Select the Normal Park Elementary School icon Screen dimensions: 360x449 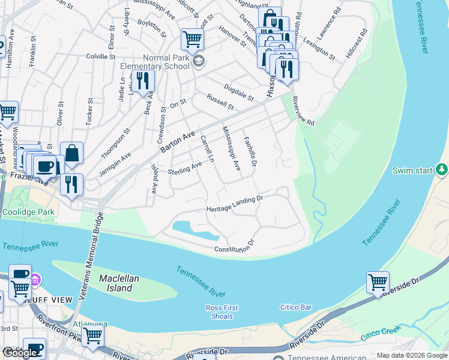[199, 61]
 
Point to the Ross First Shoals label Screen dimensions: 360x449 [222, 312]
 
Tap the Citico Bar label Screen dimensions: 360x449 [296, 307]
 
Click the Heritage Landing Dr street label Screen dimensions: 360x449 [235, 203]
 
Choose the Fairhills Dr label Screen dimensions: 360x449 [250, 151]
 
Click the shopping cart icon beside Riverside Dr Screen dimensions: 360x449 [378, 282]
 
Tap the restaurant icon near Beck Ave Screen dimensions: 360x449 [143, 81]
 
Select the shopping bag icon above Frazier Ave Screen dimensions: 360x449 [71, 154]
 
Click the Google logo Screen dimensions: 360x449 [19, 353]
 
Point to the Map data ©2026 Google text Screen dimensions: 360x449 [412, 355]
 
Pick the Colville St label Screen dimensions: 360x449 [100, 57]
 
